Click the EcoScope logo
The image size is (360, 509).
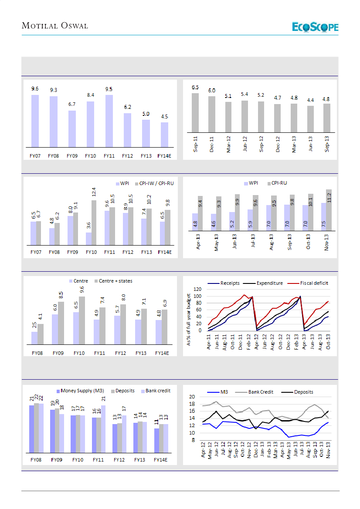315,27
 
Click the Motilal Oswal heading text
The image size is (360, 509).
55,26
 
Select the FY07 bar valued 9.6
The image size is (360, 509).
35,121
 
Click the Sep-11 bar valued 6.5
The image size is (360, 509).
195,112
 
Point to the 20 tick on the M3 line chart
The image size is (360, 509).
197,397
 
